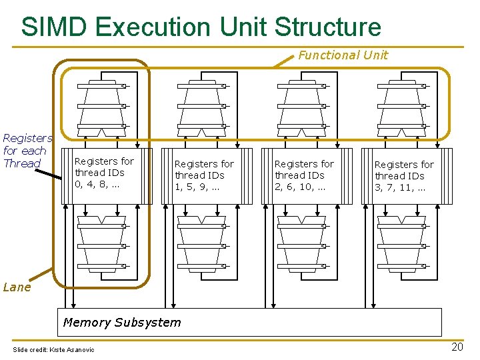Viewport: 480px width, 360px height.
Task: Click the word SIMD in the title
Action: [55, 27]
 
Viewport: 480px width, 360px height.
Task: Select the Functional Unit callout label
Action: [343, 55]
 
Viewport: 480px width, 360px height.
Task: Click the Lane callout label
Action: [17, 287]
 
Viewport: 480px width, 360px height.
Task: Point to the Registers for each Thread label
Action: [26, 151]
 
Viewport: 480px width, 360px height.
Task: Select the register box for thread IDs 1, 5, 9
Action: [204, 176]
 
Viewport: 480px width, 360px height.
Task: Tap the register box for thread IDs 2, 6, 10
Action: [304, 176]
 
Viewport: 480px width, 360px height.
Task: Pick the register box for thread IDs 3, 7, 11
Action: [404, 177]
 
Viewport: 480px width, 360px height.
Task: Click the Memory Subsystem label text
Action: [121, 323]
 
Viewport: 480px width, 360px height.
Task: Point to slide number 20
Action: [457, 347]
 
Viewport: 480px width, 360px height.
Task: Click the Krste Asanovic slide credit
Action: [54, 350]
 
